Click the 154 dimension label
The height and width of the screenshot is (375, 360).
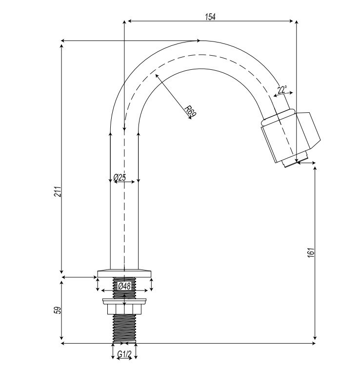tap(210, 16)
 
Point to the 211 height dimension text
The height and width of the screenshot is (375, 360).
tap(57, 191)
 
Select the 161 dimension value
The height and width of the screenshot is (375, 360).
tap(312, 252)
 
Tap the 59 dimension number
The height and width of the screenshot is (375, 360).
tap(56, 311)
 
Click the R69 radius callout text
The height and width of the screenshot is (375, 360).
tap(191, 111)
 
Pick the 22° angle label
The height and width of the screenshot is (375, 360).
tap(282, 90)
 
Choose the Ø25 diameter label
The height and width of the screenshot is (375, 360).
tap(120, 178)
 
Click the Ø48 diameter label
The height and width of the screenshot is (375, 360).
tap(124, 286)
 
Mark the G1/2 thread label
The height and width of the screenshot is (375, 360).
tap(125, 354)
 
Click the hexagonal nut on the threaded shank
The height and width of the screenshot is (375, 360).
tap(125, 308)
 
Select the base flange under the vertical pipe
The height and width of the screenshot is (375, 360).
tap(125, 271)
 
